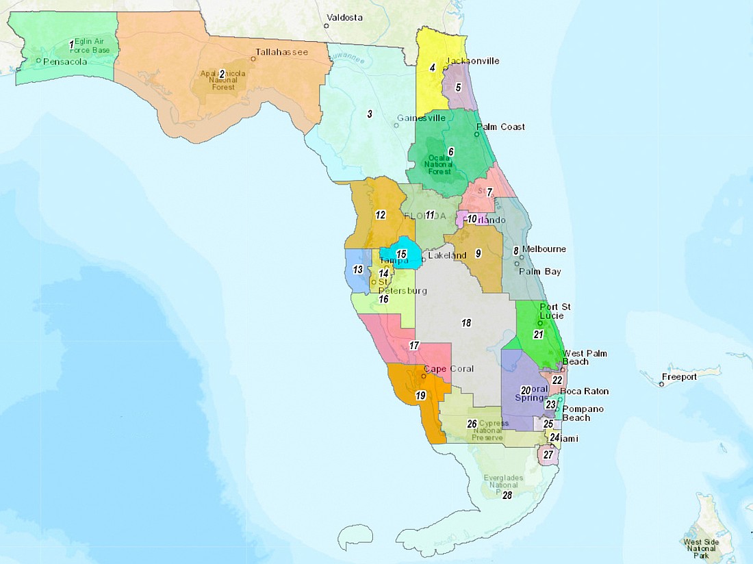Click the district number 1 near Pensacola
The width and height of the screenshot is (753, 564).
pyautogui.click(x=71, y=46)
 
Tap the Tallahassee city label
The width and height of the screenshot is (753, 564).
pyautogui.click(x=281, y=51)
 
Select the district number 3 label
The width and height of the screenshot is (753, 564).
pyautogui.click(x=370, y=114)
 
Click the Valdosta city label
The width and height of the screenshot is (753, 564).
pyautogui.click(x=346, y=16)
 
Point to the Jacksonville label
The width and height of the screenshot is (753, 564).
pyautogui.click(x=472, y=61)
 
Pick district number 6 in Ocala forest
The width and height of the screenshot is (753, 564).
pyautogui.click(x=451, y=151)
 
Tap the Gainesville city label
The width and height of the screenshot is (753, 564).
pyautogui.click(x=420, y=118)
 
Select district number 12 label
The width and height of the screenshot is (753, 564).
pyautogui.click(x=381, y=215)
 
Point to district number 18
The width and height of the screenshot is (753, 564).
pyautogui.click(x=466, y=322)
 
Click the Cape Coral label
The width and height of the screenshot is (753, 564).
pyautogui.click(x=449, y=370)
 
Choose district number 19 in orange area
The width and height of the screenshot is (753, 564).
pyautogui.click(x=420, y=395)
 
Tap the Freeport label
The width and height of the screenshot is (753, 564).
pyautogui.click(x=679, y=376)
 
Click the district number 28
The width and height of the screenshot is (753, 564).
pyautogui.click(x=507, y=495)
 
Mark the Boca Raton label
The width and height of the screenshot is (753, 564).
pyautogui.click(x=584, y=392)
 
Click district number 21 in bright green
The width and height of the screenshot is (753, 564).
pyautogui.click(x=538, y=335)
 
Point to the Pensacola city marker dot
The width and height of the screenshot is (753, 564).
pyautogui.click(x=38, y=61)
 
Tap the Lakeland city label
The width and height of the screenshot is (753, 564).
pyautogui.click(x=447, y=255)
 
